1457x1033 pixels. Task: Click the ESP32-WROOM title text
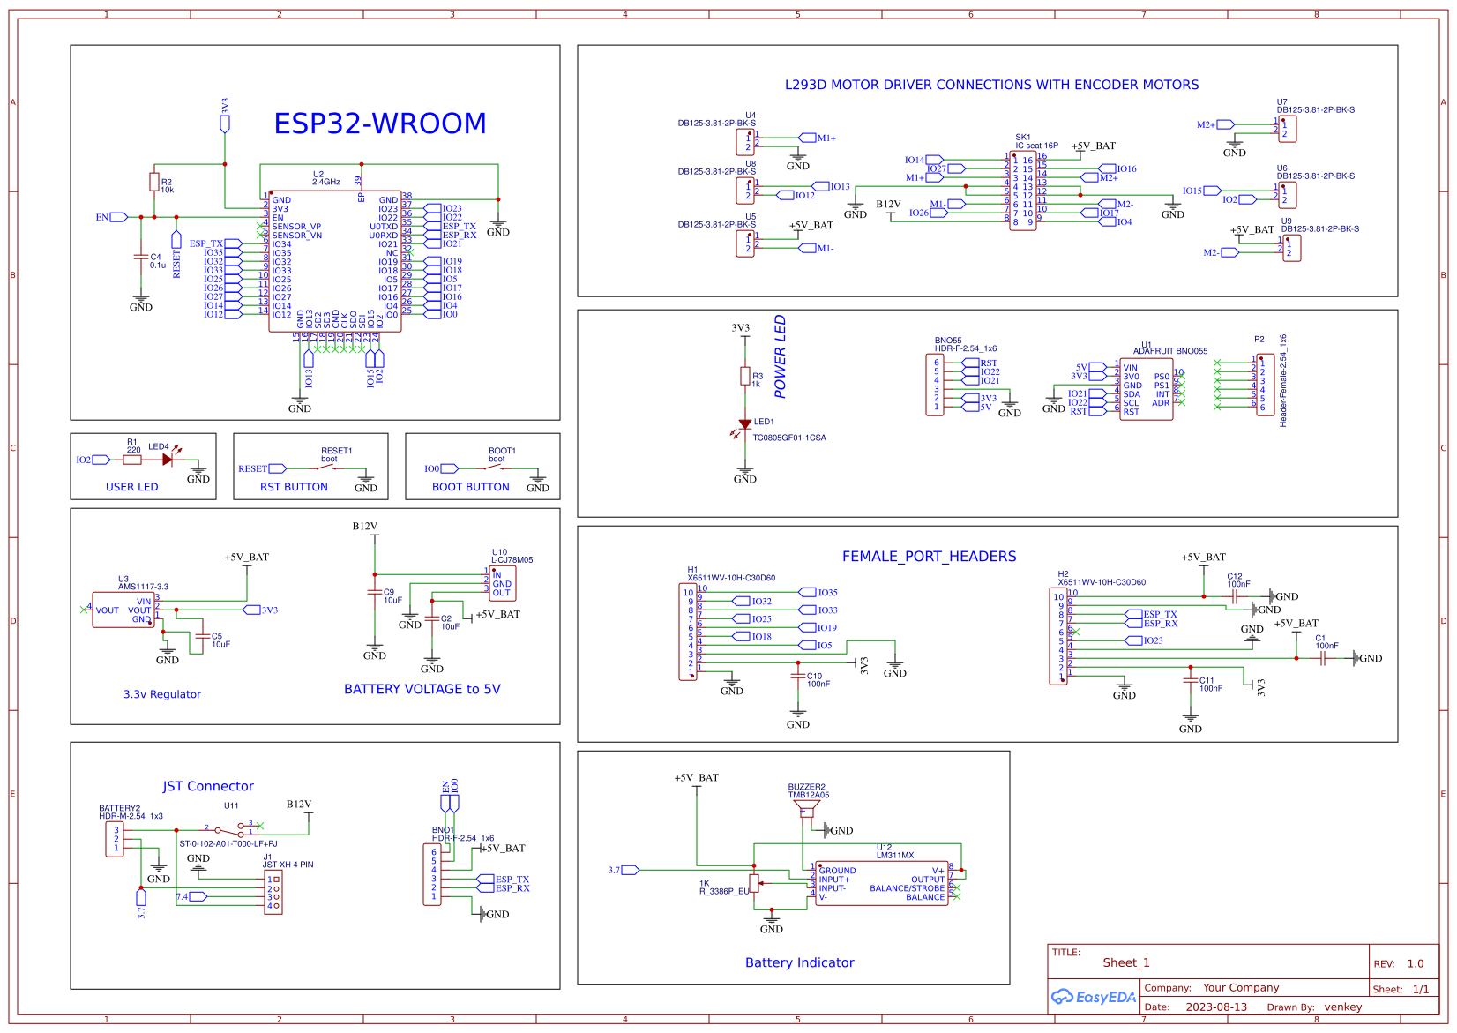(379, 124)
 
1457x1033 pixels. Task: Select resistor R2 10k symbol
(154, 183)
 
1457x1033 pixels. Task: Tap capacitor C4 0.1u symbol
(140, 257)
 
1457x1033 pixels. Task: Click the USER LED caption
(132, 487)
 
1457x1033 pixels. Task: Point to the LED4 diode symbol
(168, 460)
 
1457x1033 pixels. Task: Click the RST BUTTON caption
(294, 487)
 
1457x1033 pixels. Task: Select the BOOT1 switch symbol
(497, 468)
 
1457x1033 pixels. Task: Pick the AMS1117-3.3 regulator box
(123, 610)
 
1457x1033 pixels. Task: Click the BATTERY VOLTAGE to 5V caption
(422, 689)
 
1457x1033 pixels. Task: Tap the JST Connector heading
(208, 786)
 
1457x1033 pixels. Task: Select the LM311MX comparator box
(882, 883)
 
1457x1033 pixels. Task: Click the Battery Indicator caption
(799, 962)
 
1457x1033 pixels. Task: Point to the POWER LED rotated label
(780, 356)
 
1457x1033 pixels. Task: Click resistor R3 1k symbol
(745, 377)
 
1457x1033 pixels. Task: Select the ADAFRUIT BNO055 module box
(1146, 389)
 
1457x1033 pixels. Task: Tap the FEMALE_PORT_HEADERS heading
(929, 557)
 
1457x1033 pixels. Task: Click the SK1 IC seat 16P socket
(1022, 191)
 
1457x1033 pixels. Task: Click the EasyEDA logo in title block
(1094, 997)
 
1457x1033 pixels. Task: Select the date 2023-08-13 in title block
(1216, 1007)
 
